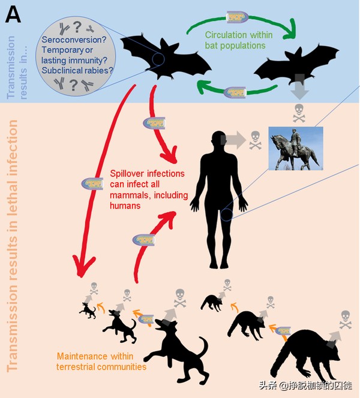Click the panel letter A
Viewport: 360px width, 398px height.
13,14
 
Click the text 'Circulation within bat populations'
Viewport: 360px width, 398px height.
236,39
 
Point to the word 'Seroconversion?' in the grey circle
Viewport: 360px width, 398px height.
71,40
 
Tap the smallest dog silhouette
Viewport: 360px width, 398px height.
88,309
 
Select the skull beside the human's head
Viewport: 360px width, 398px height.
256,137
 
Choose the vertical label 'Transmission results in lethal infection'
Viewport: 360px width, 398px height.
13,246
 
